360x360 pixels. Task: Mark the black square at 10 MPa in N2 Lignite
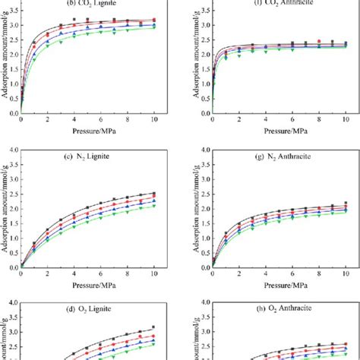[154, 193]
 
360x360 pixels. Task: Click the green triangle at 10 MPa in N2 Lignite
[154, 206]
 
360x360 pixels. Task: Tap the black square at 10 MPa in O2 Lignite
[154, 327]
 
